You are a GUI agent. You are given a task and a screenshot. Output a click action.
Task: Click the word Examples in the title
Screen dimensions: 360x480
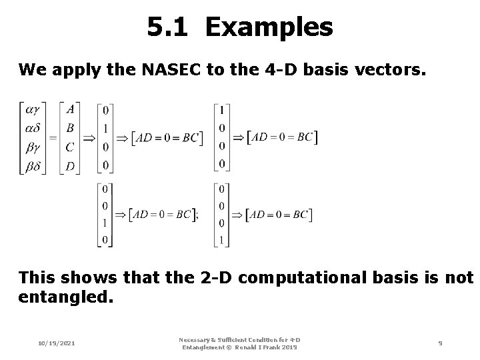pyautogui.click(x=269, y=27)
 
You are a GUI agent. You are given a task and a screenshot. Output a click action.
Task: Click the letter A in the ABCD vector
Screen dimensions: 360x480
pyautogui.click(x=70, y=109)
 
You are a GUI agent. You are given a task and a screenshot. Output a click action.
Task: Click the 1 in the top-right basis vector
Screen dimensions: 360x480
pyautogui.click(x=222, y=109)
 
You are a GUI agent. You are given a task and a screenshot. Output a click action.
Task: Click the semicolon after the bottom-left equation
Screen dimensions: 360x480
pyautogui.click(x=195, y=215)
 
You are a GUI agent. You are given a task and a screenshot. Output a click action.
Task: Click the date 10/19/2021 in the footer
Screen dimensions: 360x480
pyautogui.click(x=57, y=343)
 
